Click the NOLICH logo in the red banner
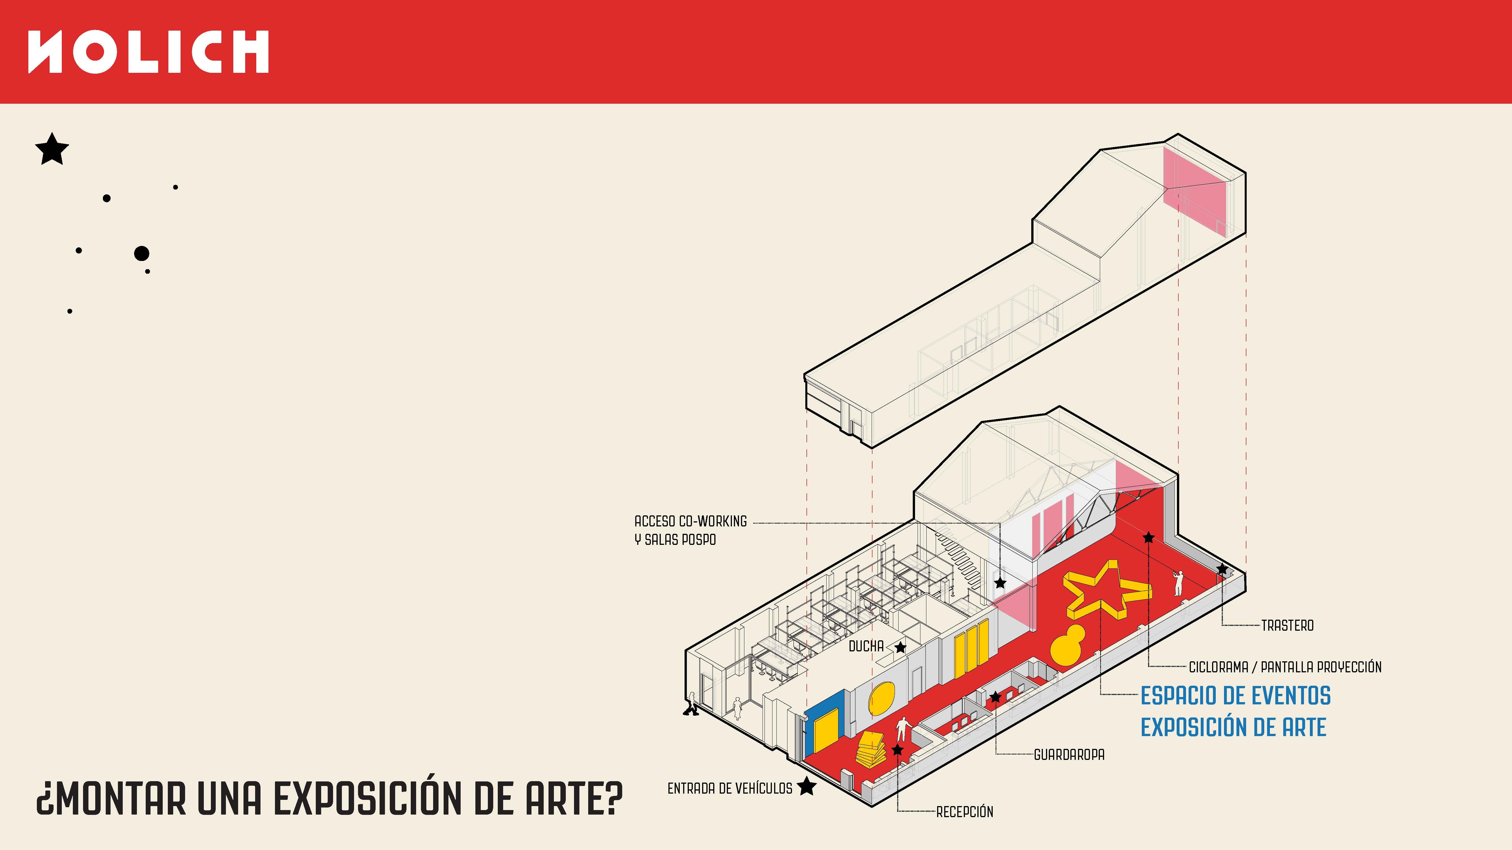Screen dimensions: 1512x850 pos(149,52)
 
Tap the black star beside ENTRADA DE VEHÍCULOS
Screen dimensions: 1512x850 pos(807,786)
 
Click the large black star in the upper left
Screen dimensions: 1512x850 pos(52,149)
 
